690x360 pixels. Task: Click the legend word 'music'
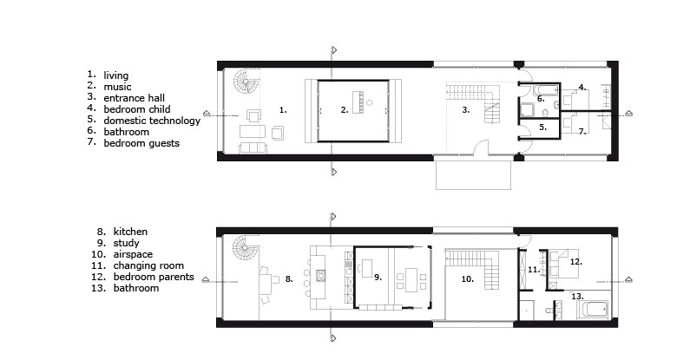point(117,87)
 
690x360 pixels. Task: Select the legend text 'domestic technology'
point(152,121)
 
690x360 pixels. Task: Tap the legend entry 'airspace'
point(133,254)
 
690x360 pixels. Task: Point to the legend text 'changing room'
point(148,265)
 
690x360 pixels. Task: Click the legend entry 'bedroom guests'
point(141,143)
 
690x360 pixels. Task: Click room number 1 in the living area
point(283,110)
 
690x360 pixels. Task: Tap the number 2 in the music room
point(345,110)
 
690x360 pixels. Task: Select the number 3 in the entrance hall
point(466,110)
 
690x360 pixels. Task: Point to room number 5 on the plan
point(543,127)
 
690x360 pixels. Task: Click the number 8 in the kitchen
point(289,278)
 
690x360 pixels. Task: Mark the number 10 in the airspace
point(467,278)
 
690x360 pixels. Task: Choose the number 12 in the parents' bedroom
point(576,262)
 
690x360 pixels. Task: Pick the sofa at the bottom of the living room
point(253,148)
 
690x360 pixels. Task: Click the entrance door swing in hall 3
point(481,147)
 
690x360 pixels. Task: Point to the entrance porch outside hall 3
point(474,175)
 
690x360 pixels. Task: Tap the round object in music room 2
point(369,103)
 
